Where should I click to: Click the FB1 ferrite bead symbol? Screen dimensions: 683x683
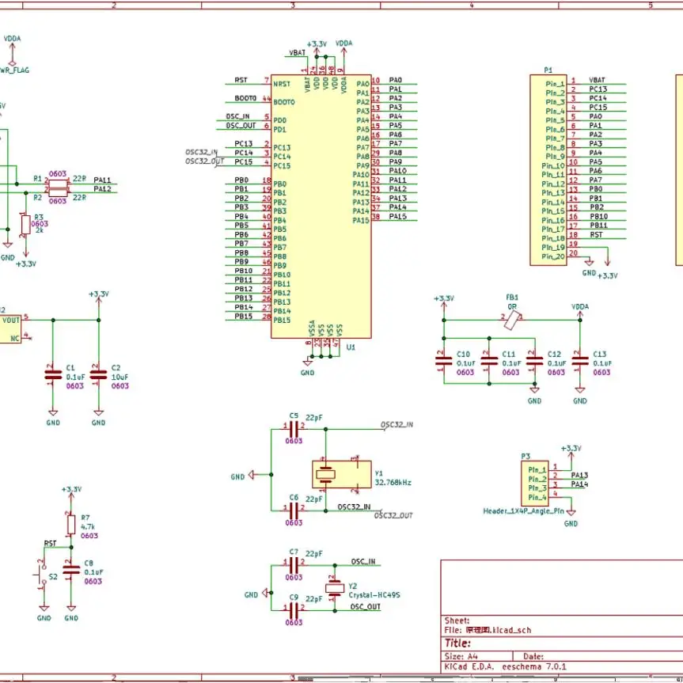pos(516,319)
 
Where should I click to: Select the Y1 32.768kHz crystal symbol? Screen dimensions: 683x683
pos(326,473)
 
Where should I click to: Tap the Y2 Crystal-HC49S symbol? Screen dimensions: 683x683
pos(332,586)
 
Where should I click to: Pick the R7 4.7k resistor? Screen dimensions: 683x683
pos(71,523)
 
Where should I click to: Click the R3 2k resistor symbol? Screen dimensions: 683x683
pos(25,223)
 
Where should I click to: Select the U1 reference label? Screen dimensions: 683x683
pos(351,347)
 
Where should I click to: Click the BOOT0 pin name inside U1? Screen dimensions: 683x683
pos(284,102)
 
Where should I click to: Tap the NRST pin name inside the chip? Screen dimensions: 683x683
pos(282,84)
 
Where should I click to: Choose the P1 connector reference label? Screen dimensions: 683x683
pos(548,70)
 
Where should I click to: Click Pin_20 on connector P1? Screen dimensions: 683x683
pos(553,256)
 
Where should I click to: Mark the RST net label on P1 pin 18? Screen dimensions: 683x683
pos(596,235)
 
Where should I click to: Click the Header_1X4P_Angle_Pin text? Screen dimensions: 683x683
pos(524,511)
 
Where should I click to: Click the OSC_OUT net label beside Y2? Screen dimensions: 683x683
pos(366,607)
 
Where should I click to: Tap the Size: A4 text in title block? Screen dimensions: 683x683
pos(461,656)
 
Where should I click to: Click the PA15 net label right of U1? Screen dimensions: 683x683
pos(398,217)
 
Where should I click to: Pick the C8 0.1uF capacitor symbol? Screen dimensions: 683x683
pos(71,568)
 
